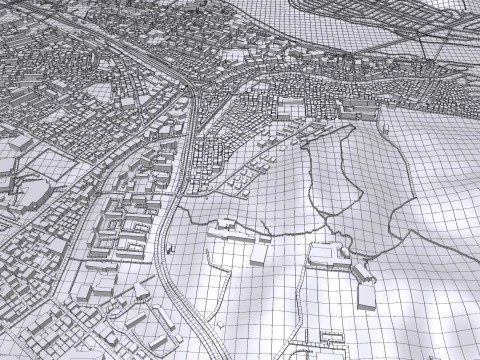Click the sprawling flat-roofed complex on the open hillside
330,258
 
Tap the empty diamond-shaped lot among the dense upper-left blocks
100,91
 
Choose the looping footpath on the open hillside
360,190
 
